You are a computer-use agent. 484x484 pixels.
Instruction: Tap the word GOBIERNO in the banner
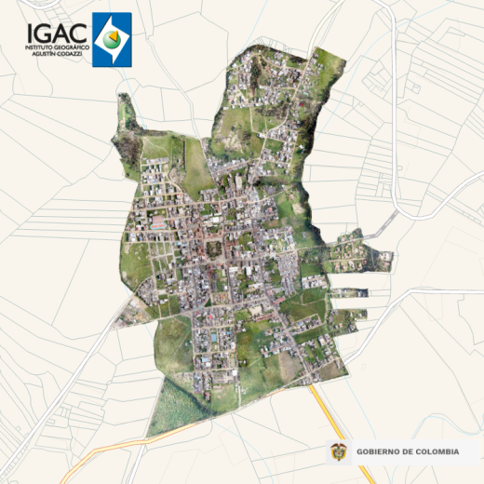pos(381,451)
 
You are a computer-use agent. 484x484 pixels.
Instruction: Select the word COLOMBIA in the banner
pos(438,451)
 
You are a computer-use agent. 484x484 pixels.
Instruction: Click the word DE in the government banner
pos(410,451)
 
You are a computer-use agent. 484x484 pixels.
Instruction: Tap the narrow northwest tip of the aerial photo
pos(125,104)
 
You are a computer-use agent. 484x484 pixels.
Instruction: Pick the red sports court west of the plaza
pos(158,223)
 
